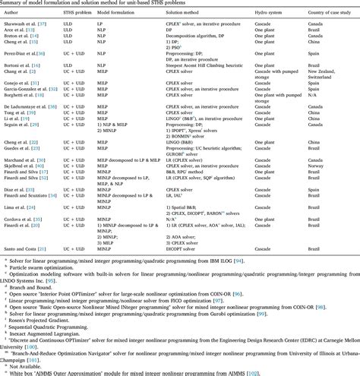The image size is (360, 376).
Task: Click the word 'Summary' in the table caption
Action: click(14, 5)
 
